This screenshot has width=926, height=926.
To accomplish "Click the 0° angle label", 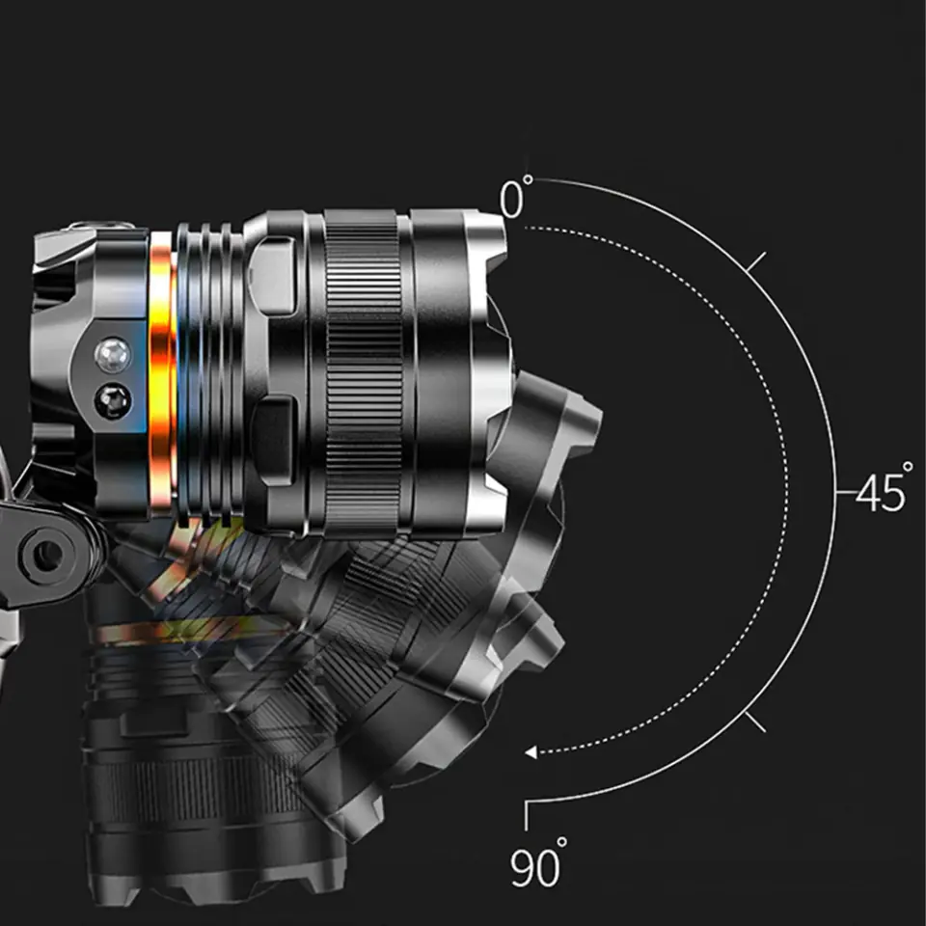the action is (516, 197).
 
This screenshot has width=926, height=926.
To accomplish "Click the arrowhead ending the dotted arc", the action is (531, 751).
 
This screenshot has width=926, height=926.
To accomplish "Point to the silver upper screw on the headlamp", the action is (113, 356).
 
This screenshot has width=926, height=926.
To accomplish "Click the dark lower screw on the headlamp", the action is (113, 400).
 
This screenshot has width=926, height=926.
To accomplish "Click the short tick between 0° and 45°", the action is (756, 261).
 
